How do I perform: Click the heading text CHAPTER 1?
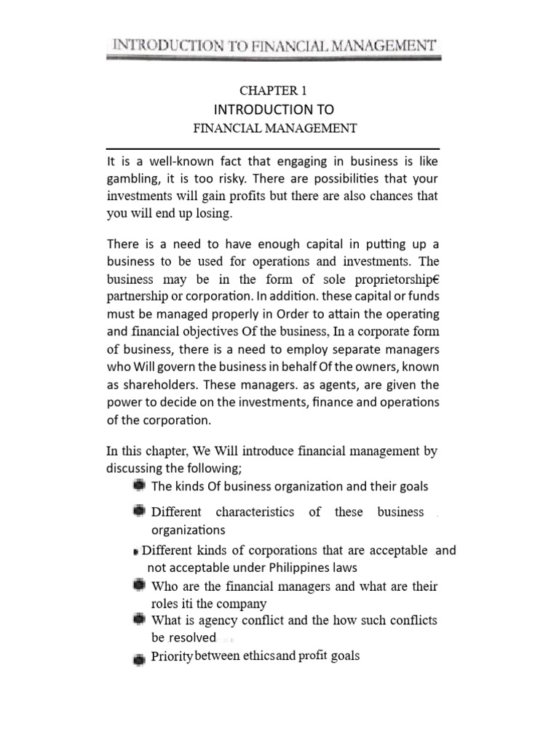[x=274, y=90]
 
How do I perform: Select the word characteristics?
[x=255, y=512]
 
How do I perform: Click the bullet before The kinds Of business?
[x=138, y=485]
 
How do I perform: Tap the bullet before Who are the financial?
[x=138, y=585]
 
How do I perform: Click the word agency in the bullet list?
[x=212, y=621]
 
